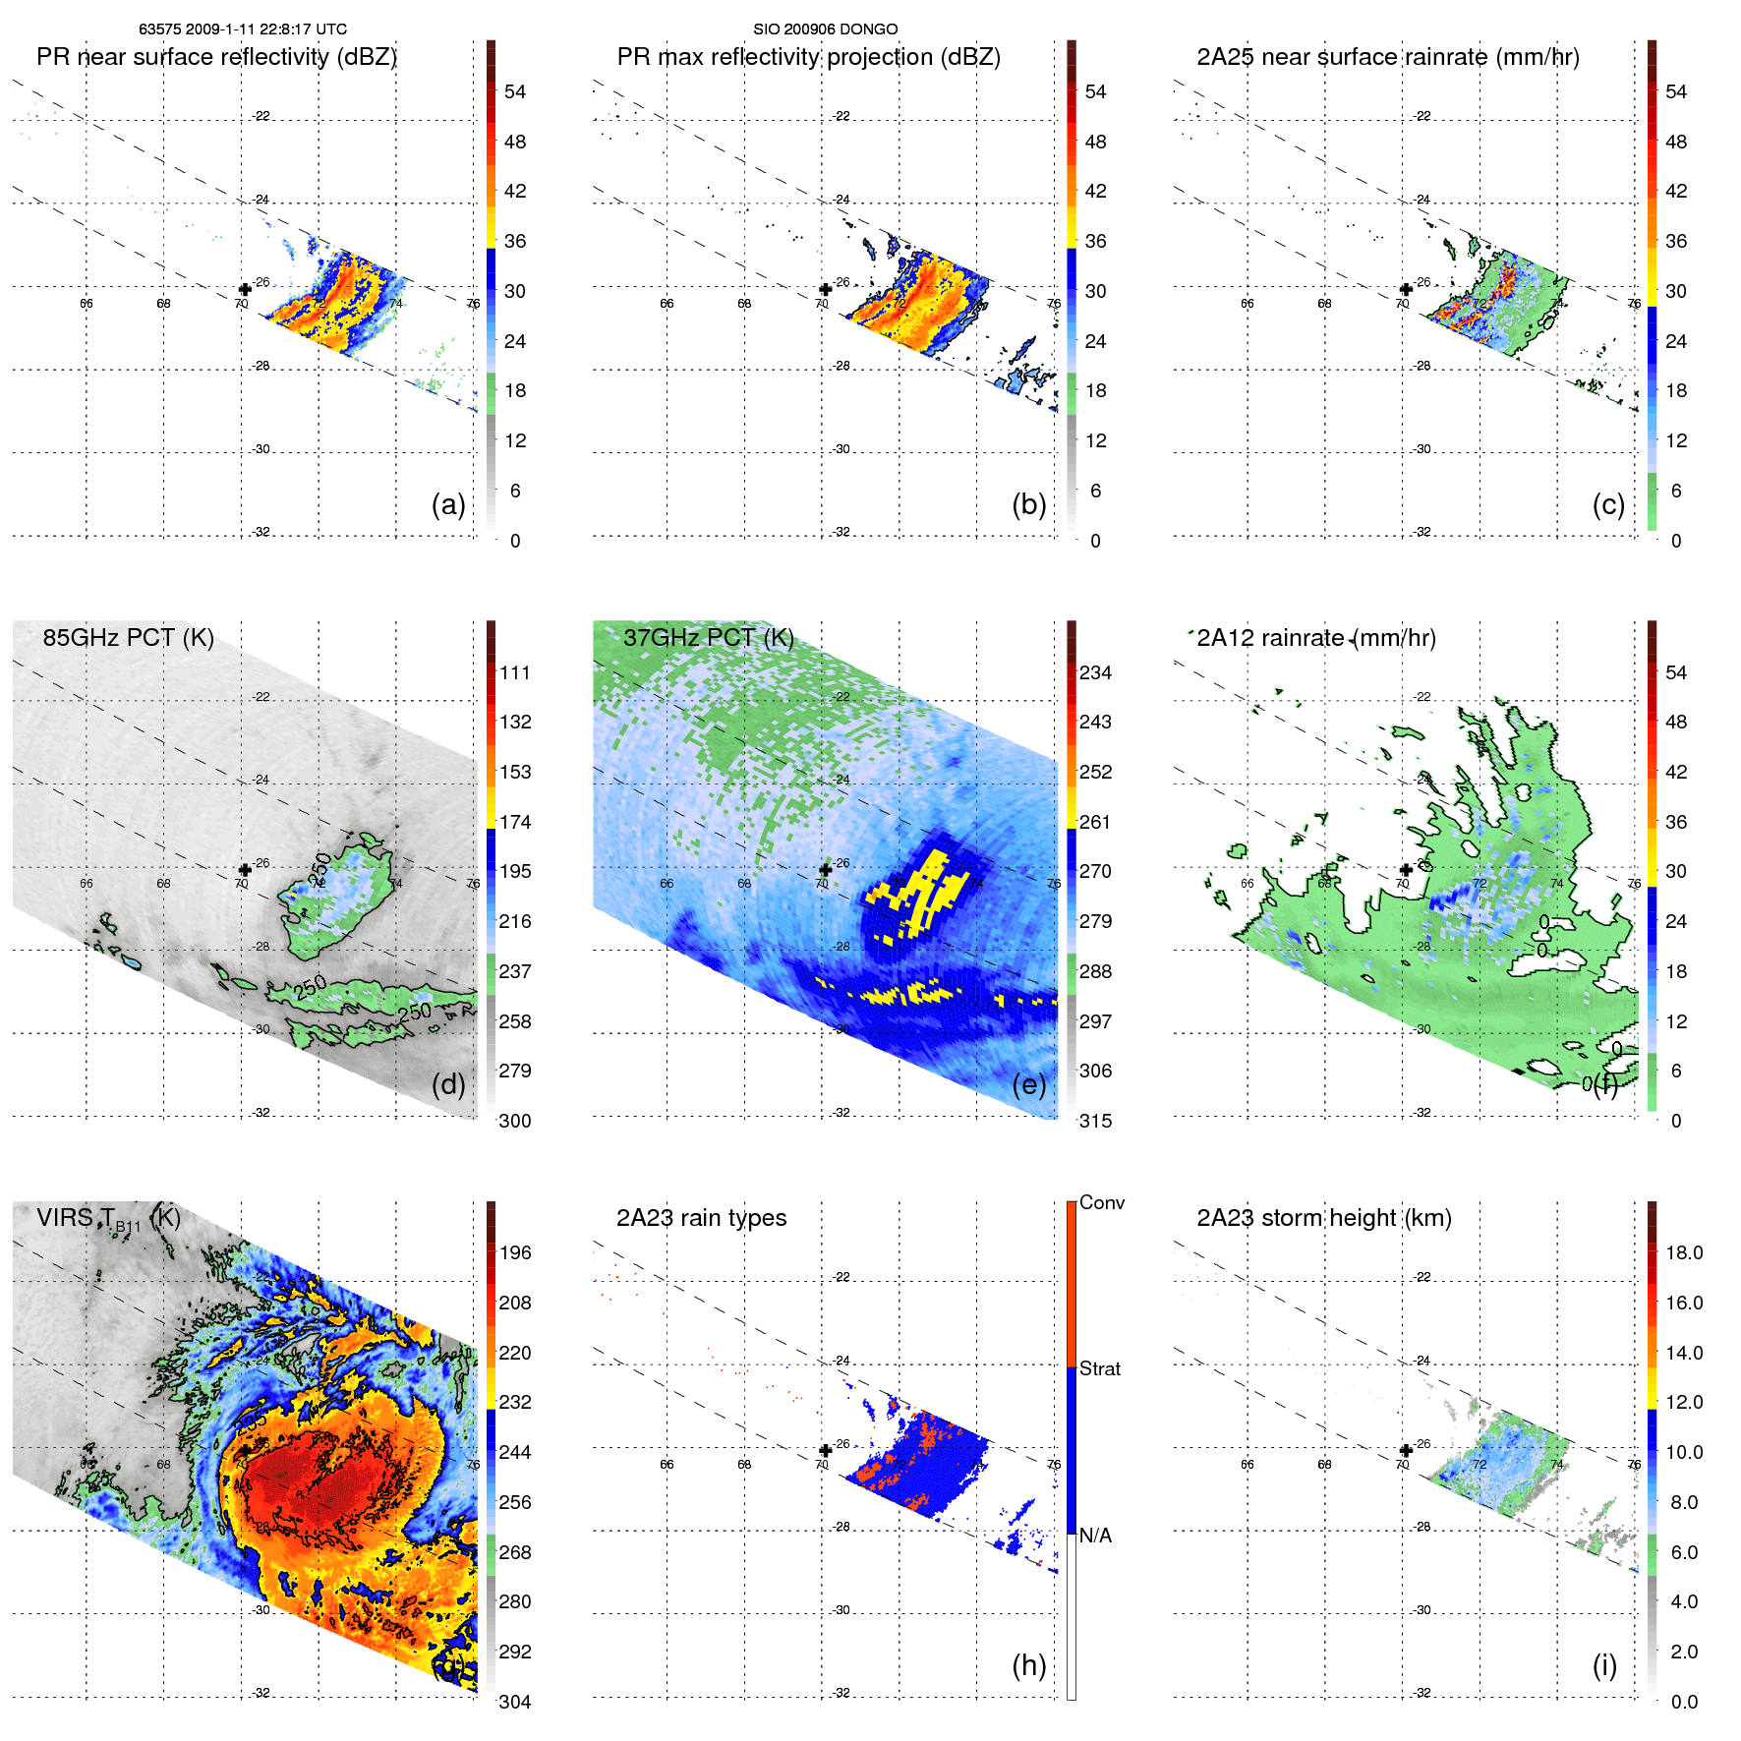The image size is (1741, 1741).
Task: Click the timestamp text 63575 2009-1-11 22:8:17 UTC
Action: pyautogui.click(x=242, y=29)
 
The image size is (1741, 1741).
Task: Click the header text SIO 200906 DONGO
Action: pyautogui.click(x=825, y=29)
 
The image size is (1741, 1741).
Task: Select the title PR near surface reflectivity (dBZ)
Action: pyautogui.click(x=216, y=57)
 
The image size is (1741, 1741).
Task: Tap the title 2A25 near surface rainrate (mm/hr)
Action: pyautogui.click(x=1387, y=57)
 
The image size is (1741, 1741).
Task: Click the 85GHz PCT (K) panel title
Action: pyautogui.click(x=128, y=638)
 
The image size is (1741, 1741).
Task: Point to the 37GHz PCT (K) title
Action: pyautogui.click(x=708, y=638)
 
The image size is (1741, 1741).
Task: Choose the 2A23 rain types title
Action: pyautogui.click(x=701, y=1218)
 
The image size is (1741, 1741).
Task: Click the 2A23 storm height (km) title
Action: pyautogui.click(x=1323, y=1218)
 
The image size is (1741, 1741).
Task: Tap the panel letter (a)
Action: pyautogui.click(x=448, y=504)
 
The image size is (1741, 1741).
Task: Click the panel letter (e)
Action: pyautogui.click(x=1028, y=1084)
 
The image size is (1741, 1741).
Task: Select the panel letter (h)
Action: pyautogui.click(x=1028, y=1664)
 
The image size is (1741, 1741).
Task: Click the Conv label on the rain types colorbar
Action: pyautogui.click(x=1101, y=1202)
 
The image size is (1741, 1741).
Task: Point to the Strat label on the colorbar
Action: pyautogui.click(x=1099, y=1368)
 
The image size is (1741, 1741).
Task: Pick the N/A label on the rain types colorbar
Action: pyautogui.click(x=1095, y=1536)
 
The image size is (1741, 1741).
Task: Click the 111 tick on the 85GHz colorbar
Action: pyautogui.click(x=515, y=672)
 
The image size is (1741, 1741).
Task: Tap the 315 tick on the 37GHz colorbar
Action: pyautogui.click(x=1095, y=1121)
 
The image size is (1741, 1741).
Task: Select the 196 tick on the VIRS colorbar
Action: pyautogui.click(x=515, y=1252)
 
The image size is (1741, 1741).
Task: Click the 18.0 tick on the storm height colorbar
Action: pyautogui.click(x=1683, y=1252)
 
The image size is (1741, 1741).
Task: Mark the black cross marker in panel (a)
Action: pyautogui.click(x=245, y=289)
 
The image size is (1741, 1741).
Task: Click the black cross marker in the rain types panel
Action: pyautogui.click(x=825, y=1450)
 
